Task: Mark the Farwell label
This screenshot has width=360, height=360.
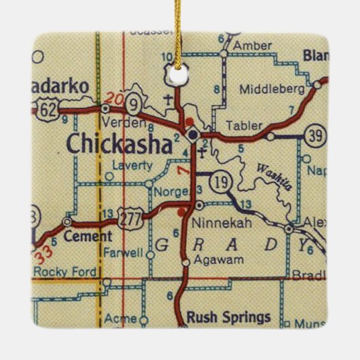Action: (x=124, y=253)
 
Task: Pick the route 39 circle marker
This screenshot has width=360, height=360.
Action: (x=313, y=134)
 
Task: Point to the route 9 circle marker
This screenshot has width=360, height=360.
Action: (x=134, y=105)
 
